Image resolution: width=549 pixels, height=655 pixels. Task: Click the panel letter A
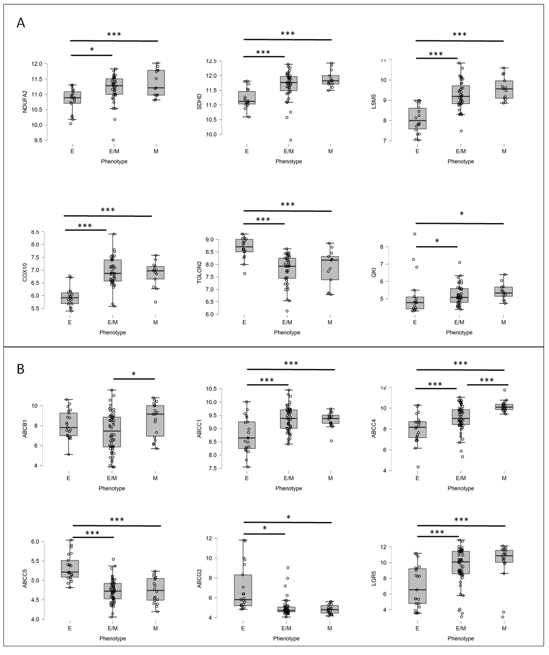click(x=21, y=23)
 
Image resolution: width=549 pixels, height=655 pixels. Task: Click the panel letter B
click(x=21, y=369)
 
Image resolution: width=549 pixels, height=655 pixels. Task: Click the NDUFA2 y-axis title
click(x=25, y=102)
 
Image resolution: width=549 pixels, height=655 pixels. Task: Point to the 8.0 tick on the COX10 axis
click(x=35, y=244)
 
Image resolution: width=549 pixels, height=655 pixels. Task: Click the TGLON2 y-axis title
click(x=199, y=272)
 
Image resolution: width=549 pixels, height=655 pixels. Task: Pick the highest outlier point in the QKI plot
click(x=415, y=234)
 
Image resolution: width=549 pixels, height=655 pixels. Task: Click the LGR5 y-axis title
click(x=374, y=579)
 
